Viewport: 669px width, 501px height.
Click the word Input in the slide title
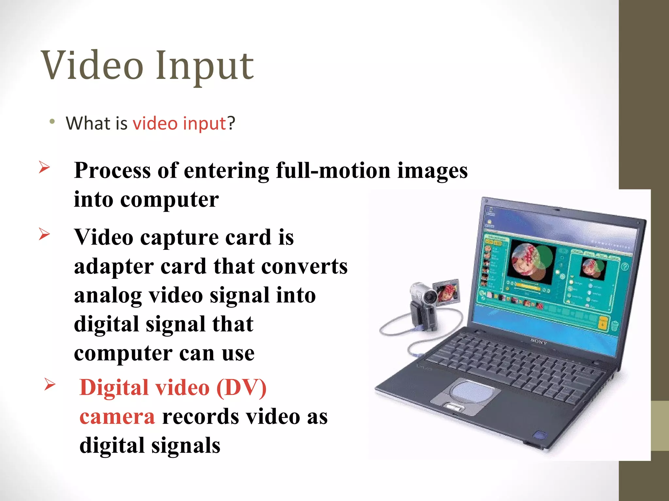(204, 67)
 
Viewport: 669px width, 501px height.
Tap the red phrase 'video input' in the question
(179, 123)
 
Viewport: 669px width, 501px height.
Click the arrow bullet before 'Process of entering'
(44, 167)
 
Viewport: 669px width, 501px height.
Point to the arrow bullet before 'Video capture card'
(44, 234)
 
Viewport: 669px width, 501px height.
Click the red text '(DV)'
(241, 388)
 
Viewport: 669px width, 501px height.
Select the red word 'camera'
(117, 417)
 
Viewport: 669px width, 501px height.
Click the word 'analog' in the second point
(108, 296)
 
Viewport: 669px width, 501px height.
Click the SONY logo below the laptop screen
(539, 342)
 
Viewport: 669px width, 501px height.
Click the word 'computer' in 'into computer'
(170, 200)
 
